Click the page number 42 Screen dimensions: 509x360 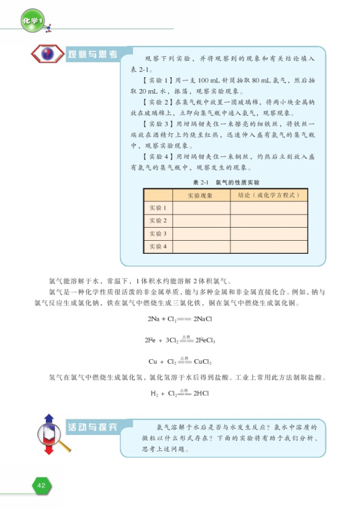click(41, 485)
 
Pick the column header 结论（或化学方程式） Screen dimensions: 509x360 click(268, 195)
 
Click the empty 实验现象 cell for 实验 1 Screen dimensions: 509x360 click(200, 208)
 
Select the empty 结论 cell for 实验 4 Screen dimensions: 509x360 click(268, 246)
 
